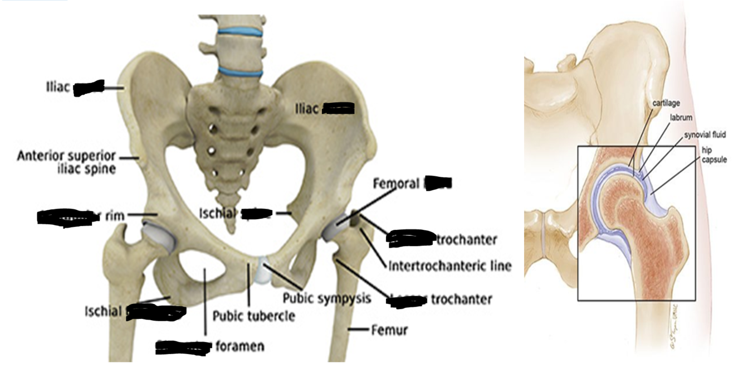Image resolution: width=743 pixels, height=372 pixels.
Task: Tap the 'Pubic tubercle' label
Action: [x=254, y=316]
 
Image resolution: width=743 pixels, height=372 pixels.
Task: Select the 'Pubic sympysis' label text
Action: [x=326, y=298]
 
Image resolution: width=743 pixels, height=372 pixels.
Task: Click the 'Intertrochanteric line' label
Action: [x=449, y=266]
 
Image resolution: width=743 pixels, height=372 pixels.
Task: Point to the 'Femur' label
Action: [x=389, y=330]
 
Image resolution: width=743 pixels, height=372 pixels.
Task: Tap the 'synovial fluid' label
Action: [x=705, y=134]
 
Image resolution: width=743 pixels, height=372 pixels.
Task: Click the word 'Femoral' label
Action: [x=397, y=183]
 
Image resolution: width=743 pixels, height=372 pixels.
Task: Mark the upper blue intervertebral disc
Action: [x=239, y=33]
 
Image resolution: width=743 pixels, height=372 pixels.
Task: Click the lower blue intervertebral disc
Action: [x=240, y=71]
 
